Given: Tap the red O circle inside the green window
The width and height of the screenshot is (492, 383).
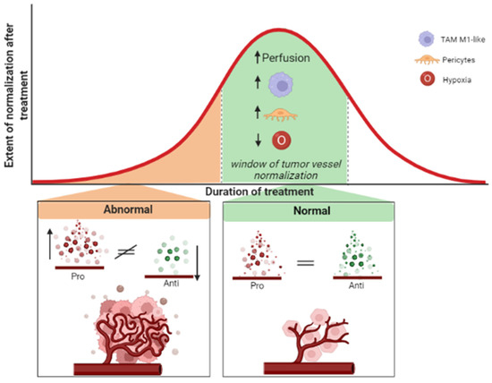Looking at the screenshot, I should [x=283, y=140].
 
